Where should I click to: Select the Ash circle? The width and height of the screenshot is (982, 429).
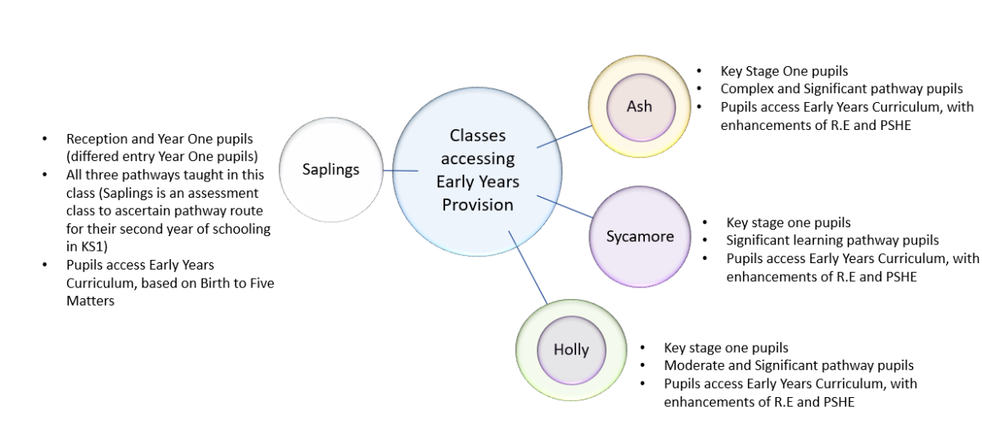[639, 107]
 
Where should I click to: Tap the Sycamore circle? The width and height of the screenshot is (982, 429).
[639, 237]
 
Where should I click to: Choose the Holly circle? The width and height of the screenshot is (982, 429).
[570, 349]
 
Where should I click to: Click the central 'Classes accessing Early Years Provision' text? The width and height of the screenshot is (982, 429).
[478, 170]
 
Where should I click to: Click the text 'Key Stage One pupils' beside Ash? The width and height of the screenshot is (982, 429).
[777, 71]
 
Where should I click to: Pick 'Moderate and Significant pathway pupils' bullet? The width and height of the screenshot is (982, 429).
[788, 365]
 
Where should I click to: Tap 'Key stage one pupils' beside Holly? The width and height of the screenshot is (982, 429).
[726, 347]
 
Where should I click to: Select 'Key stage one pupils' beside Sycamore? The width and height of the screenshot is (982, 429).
[787, 222]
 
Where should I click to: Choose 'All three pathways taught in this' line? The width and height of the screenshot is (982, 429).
[164, 175]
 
